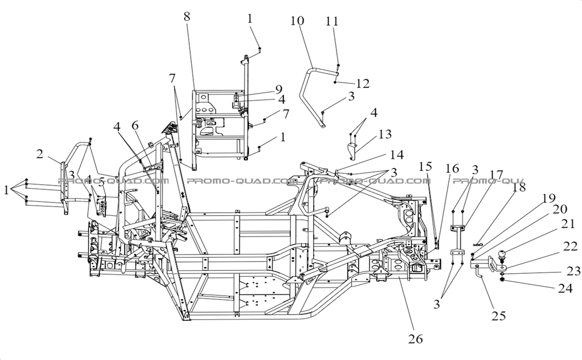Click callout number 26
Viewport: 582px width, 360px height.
click(415, 339)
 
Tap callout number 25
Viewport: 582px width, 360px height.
click(498, 316)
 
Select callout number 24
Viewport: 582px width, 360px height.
click(566, 288)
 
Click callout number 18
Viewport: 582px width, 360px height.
click(519, 187)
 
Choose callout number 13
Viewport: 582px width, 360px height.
click(385, 134)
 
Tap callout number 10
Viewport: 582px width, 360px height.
click(297, 21)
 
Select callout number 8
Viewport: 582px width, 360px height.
click(187, 17)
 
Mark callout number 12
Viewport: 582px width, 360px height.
click(362, 83)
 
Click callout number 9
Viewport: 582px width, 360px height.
click(279, 89)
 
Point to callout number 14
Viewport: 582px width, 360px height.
click(397, 155)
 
